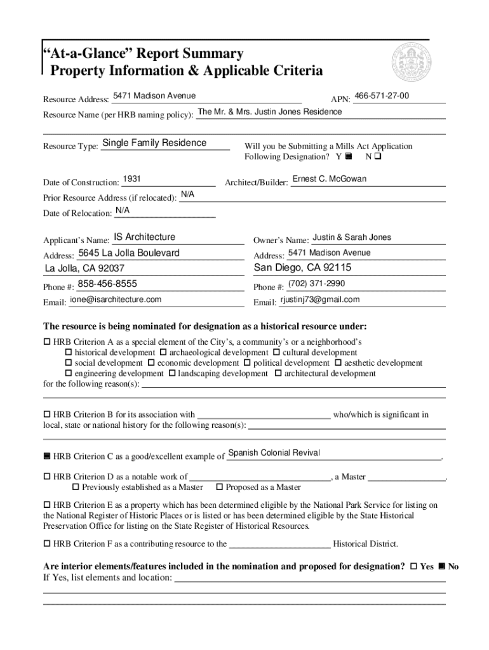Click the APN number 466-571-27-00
click(x=382, y=96)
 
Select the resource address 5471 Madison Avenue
click(x=154, y=96)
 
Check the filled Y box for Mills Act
click(x=348, y=156)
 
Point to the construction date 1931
click(x=131, y=180)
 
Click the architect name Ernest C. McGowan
click(x=329, y=179)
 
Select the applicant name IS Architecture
click(x=144, y=237)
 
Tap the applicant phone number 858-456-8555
click(x=107, y=284)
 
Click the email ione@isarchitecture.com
click(x=116, y=300)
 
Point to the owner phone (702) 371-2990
click(x=316, y=284)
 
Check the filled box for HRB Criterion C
click(x=46, y=456)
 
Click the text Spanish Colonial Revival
click(x=274, y=453)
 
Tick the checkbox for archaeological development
click(x=163, y=353)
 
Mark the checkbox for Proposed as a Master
click(x=220, y=487)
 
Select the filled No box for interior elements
click(x=442, y=566)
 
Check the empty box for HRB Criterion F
click(x=46, y=544)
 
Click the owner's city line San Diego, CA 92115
click(x=302, y=268)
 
